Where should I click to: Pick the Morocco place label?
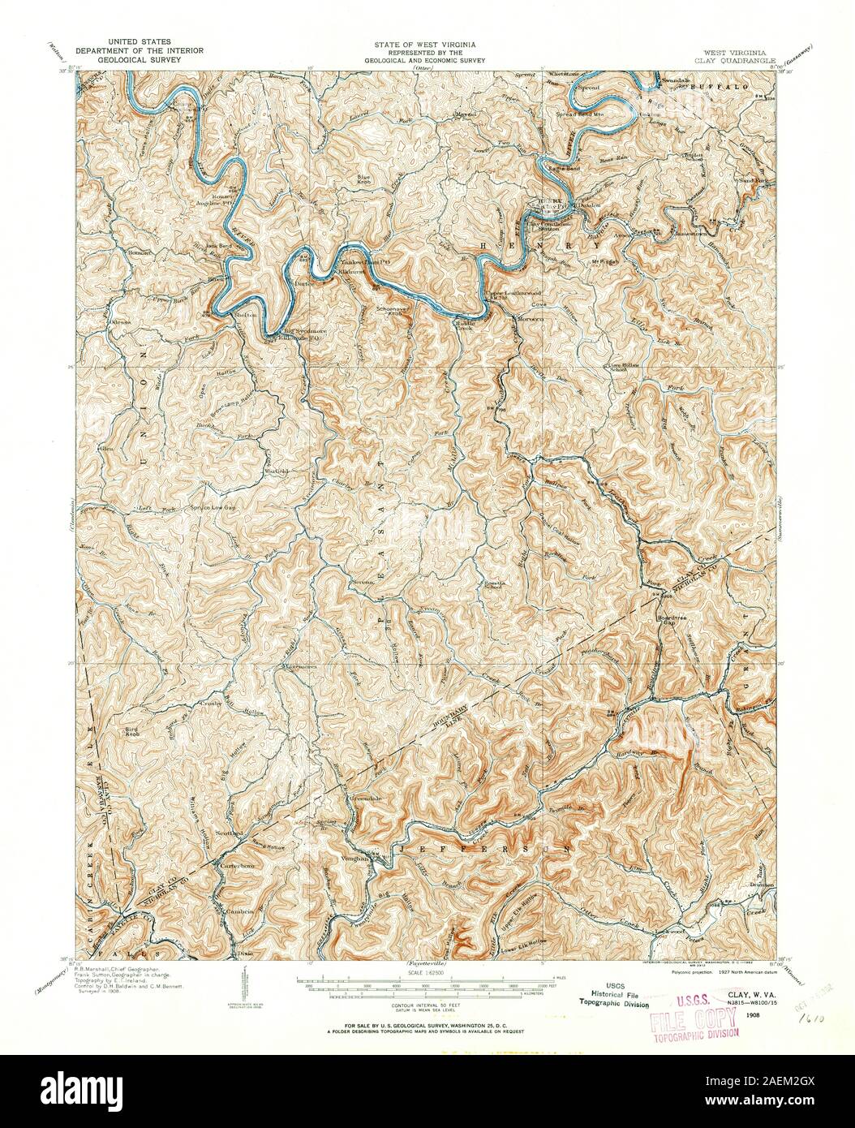tap(528, 319)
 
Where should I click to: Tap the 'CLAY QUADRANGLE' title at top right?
tap(735, 60)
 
